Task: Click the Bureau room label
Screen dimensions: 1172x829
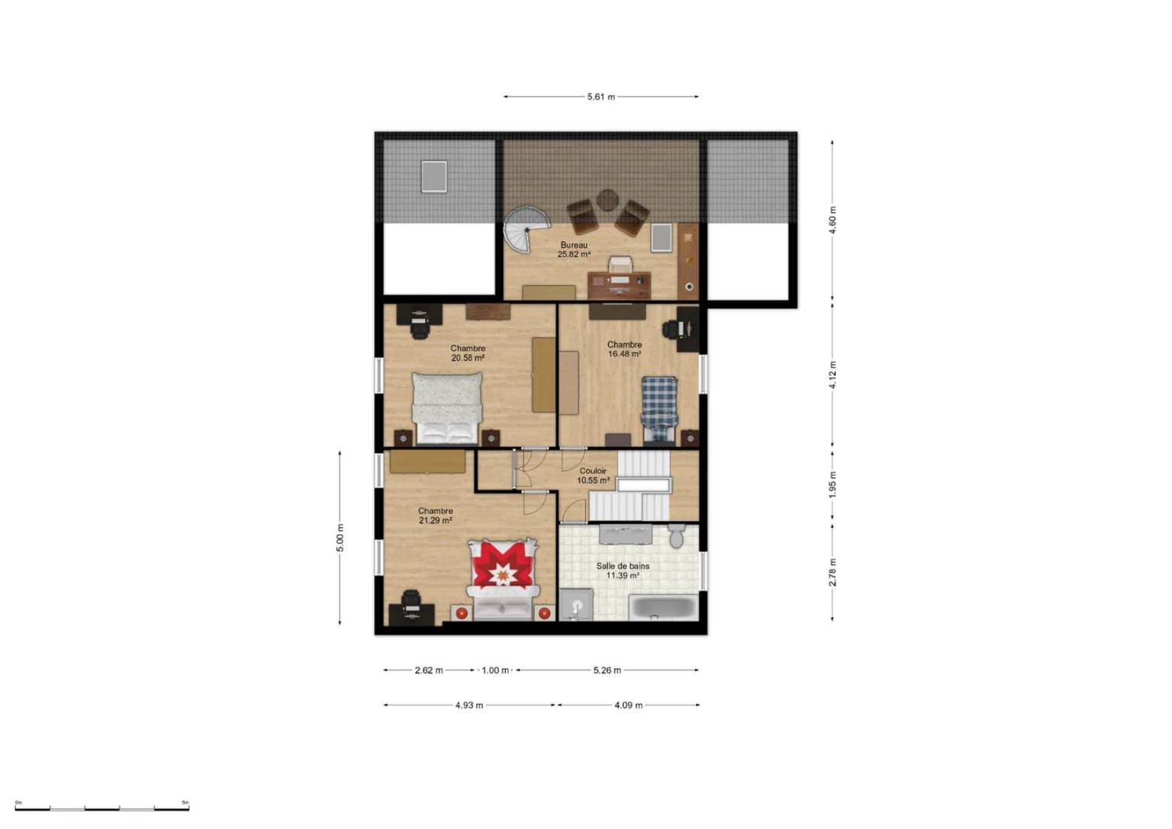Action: pyautogui.click(x=574, y=246)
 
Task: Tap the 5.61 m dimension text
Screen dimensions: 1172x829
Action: pyautogui.click(x=601, y=97)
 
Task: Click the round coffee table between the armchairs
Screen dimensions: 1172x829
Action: pyautogui.click(x=608, y=200)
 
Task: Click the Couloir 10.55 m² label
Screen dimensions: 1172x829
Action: pyautogui.click(x=594, y=475)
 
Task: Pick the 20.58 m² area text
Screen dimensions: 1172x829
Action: pyautogui.click(x=468, y=358)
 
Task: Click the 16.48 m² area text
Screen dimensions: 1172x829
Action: pyautogui.click(x=625, y=354)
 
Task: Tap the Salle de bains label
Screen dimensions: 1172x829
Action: pyautogui.click(x=623, y=566)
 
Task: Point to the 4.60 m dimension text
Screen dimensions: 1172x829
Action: pyautogui.click(x=833, y=221)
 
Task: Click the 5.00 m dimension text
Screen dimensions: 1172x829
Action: pyautogui.click(x=340, y=538)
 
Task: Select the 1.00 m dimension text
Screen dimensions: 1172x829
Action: pyautogui.click(x=495, y=670)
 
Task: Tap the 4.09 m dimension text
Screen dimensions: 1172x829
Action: pyautogui.click(x=629, y=705)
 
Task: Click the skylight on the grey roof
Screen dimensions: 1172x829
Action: pyautogui.click(x=434, y=177)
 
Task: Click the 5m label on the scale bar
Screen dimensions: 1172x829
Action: pyautogui.click(x=185, y=802)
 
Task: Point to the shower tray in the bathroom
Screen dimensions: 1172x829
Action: pyautogui.click(x=576, y=605)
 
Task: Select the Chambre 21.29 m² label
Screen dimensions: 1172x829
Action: pyautogui.click(x=436, y=516)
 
